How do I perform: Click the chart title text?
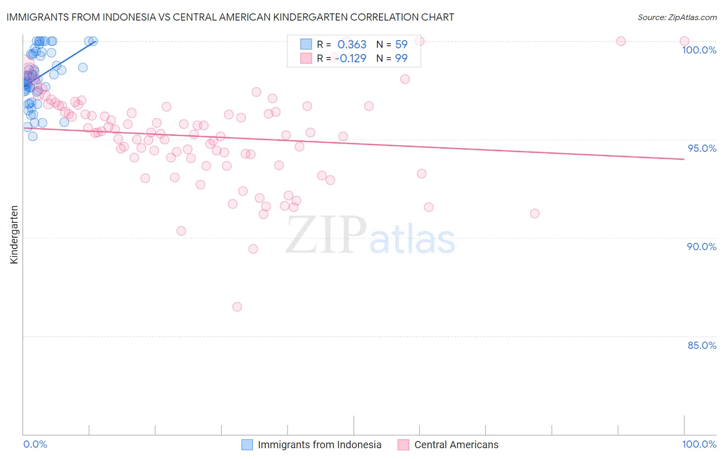pos(230,17)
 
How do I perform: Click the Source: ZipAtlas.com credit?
pos(677,17)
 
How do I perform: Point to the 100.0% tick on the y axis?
pos(699,50)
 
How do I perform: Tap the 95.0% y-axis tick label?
pos(702,148)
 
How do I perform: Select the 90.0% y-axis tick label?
pos(702,246)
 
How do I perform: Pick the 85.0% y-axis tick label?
pos(702,345)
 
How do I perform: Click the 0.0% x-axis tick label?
pos(35,444)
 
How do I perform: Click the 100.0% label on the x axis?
pos(699,444)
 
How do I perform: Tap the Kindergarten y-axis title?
pos(14,235)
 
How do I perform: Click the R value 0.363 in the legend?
pos(352,45)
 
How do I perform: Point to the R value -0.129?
pos(350,58)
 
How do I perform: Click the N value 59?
pos(401,45)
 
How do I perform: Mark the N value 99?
pos(401,58)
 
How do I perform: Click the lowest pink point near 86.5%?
pos(237,307)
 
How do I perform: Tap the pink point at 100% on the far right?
pos(684,41)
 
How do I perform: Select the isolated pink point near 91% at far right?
pos(535,214)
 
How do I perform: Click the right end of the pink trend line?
pos(684,159)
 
